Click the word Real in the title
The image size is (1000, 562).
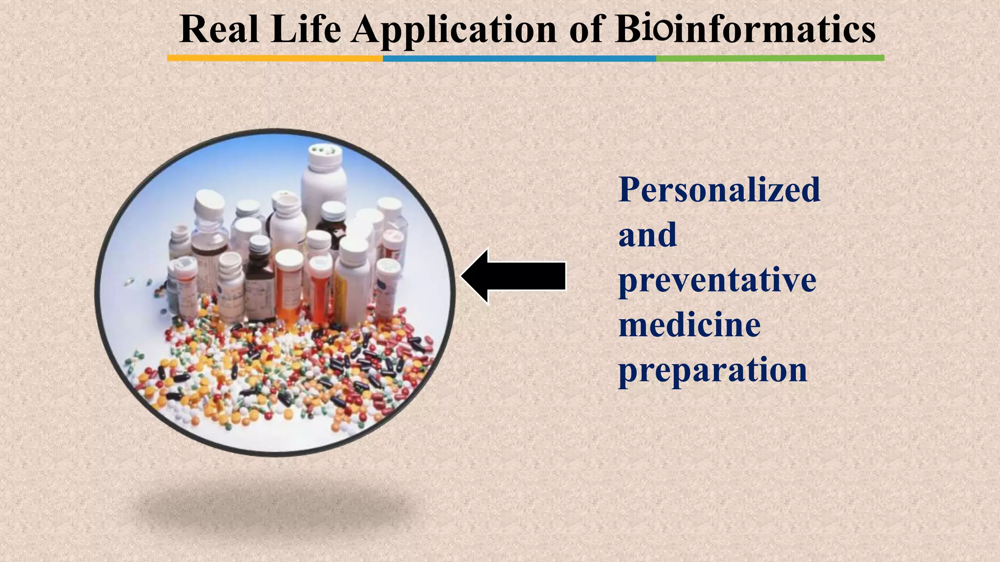[219, 29]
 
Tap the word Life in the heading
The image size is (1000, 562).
[306, 29]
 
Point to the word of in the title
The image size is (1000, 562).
[587, 29]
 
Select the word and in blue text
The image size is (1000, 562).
[647, 235]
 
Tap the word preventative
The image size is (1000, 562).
[717, 281]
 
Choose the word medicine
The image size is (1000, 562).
[689, 325]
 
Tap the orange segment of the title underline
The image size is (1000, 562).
[275, 58]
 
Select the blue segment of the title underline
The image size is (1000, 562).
[519, 58]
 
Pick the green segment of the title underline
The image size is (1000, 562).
[770, 58]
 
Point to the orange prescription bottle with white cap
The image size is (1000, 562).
[290, 288]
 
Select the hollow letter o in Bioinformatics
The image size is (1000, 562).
[663, 31]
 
